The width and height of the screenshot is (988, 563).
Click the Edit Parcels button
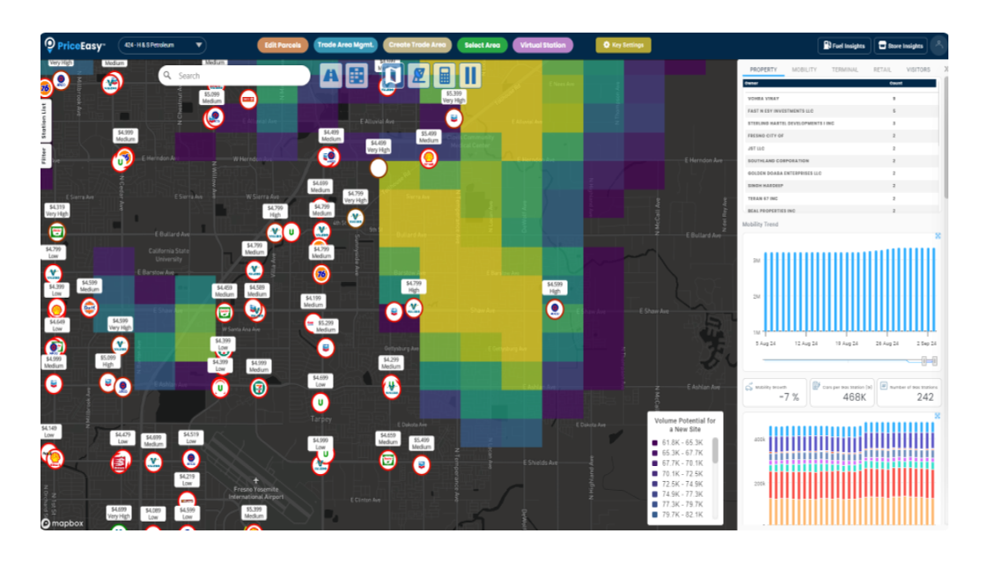coord(282,45)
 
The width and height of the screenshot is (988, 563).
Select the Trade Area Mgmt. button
coord(346,45)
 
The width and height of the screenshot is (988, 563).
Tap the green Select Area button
coord(482,45)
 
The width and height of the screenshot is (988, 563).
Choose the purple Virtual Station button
coord(542,45)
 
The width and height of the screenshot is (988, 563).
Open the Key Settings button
coord(623,45)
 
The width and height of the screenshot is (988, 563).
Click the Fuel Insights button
coord(844,46)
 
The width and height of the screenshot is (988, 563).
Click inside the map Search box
coord(238,76)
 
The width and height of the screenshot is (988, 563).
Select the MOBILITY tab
coord(804,70)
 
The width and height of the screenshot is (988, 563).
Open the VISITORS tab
coord(918,70)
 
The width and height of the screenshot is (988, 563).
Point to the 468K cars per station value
coord(842,396)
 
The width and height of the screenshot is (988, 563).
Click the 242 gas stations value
coord(909,396)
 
